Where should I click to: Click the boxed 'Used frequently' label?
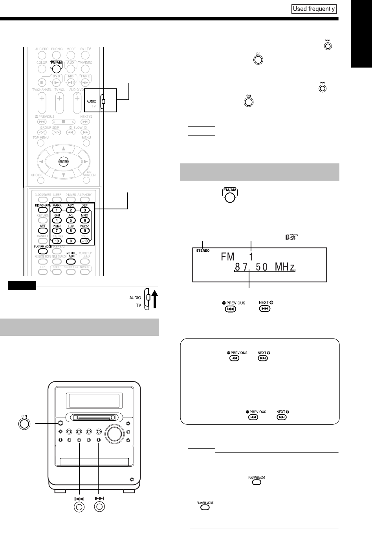[314, 9]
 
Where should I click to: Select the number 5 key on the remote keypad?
[71, 220]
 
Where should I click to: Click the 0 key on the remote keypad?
[71, 241]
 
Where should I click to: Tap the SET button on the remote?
[43, 231]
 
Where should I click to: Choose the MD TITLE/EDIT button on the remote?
[71, 260]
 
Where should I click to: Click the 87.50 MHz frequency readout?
[264, 267]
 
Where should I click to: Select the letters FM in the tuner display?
[228, 257]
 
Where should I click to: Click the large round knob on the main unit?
[114, 433]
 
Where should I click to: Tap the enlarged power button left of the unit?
[25, 423]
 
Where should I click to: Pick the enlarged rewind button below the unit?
[79, 507]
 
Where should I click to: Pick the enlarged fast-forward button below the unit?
[99, 507]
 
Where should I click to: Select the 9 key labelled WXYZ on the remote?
[84, 231]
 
